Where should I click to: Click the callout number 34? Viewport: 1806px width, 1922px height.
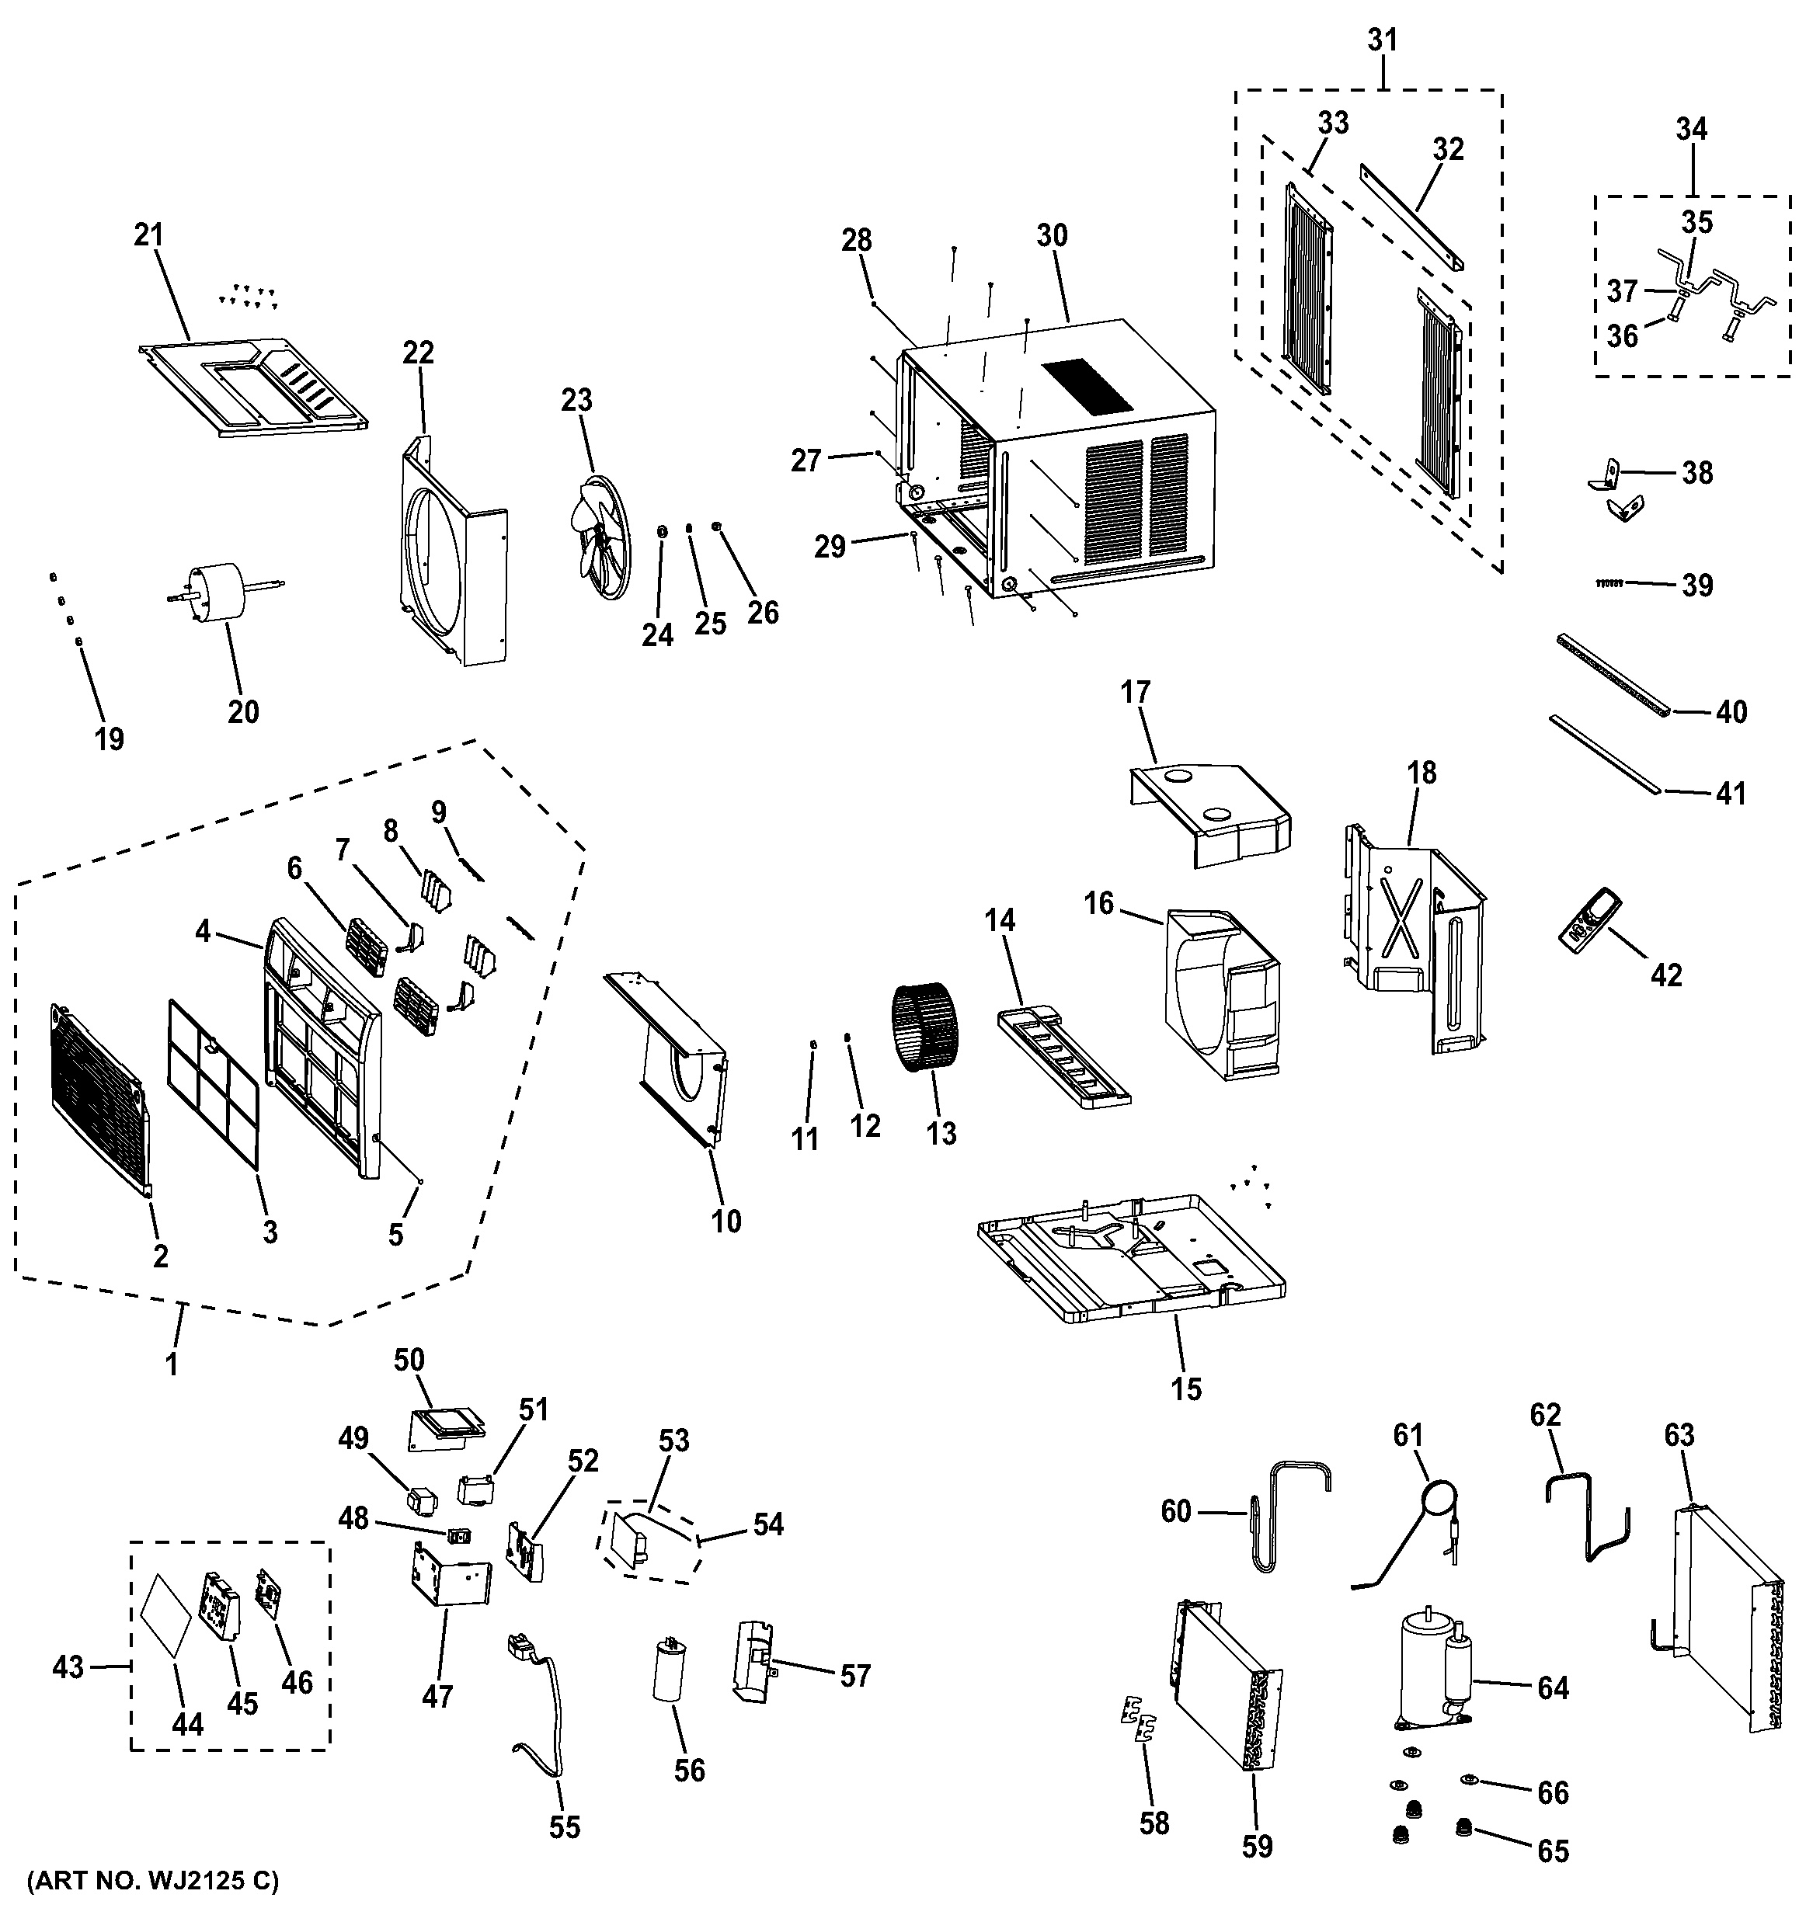coord(1691,129)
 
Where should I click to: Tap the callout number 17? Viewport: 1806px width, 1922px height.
coord(1136,691)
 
